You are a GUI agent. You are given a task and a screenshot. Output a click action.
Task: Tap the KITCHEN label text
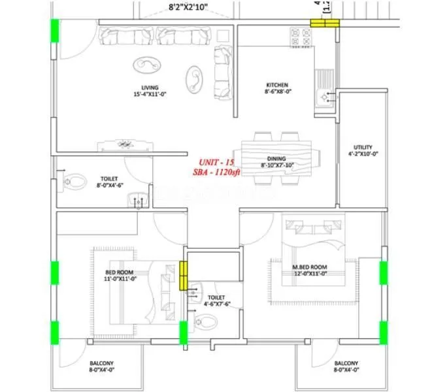[x=276, y=85]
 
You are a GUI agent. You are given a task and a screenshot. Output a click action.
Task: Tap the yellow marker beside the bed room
[x=184, y=276]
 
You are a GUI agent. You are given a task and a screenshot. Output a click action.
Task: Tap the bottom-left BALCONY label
[x=101, y=364]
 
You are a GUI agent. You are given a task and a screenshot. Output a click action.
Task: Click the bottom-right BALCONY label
[x=345, y=364]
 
